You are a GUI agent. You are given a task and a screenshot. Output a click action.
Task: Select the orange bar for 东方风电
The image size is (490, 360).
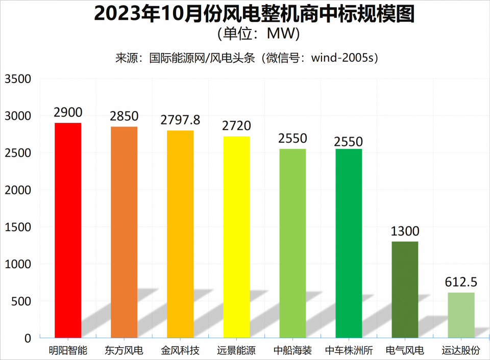click(124, 232)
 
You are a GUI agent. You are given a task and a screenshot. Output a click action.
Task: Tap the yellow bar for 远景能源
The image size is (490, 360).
click(236, 237)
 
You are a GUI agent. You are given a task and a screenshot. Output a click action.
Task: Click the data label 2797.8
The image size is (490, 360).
click(180, 120)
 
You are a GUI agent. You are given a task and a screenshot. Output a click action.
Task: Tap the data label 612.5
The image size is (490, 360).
click(461, 282)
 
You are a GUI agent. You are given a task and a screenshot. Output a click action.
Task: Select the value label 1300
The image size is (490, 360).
click(405, 232)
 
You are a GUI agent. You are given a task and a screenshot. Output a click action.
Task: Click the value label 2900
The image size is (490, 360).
click(68, 112)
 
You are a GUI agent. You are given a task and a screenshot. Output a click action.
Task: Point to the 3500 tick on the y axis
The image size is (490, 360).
click(18, 79)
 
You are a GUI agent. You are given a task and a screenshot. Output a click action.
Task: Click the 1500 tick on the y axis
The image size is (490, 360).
click(18, 227)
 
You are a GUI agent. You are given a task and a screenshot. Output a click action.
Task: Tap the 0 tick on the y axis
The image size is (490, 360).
click(28, 338)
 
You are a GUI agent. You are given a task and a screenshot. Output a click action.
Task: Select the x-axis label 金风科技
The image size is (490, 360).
click(180, 351)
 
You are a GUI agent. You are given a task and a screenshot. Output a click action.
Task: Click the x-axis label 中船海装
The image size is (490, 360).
click(292, 351)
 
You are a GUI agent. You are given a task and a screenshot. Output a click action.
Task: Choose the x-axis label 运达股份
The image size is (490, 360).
click(461, 351)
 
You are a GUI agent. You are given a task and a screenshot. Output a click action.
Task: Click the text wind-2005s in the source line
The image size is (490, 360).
click(345, 58)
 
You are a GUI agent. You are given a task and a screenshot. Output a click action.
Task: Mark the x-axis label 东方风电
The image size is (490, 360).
click(124, 351)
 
